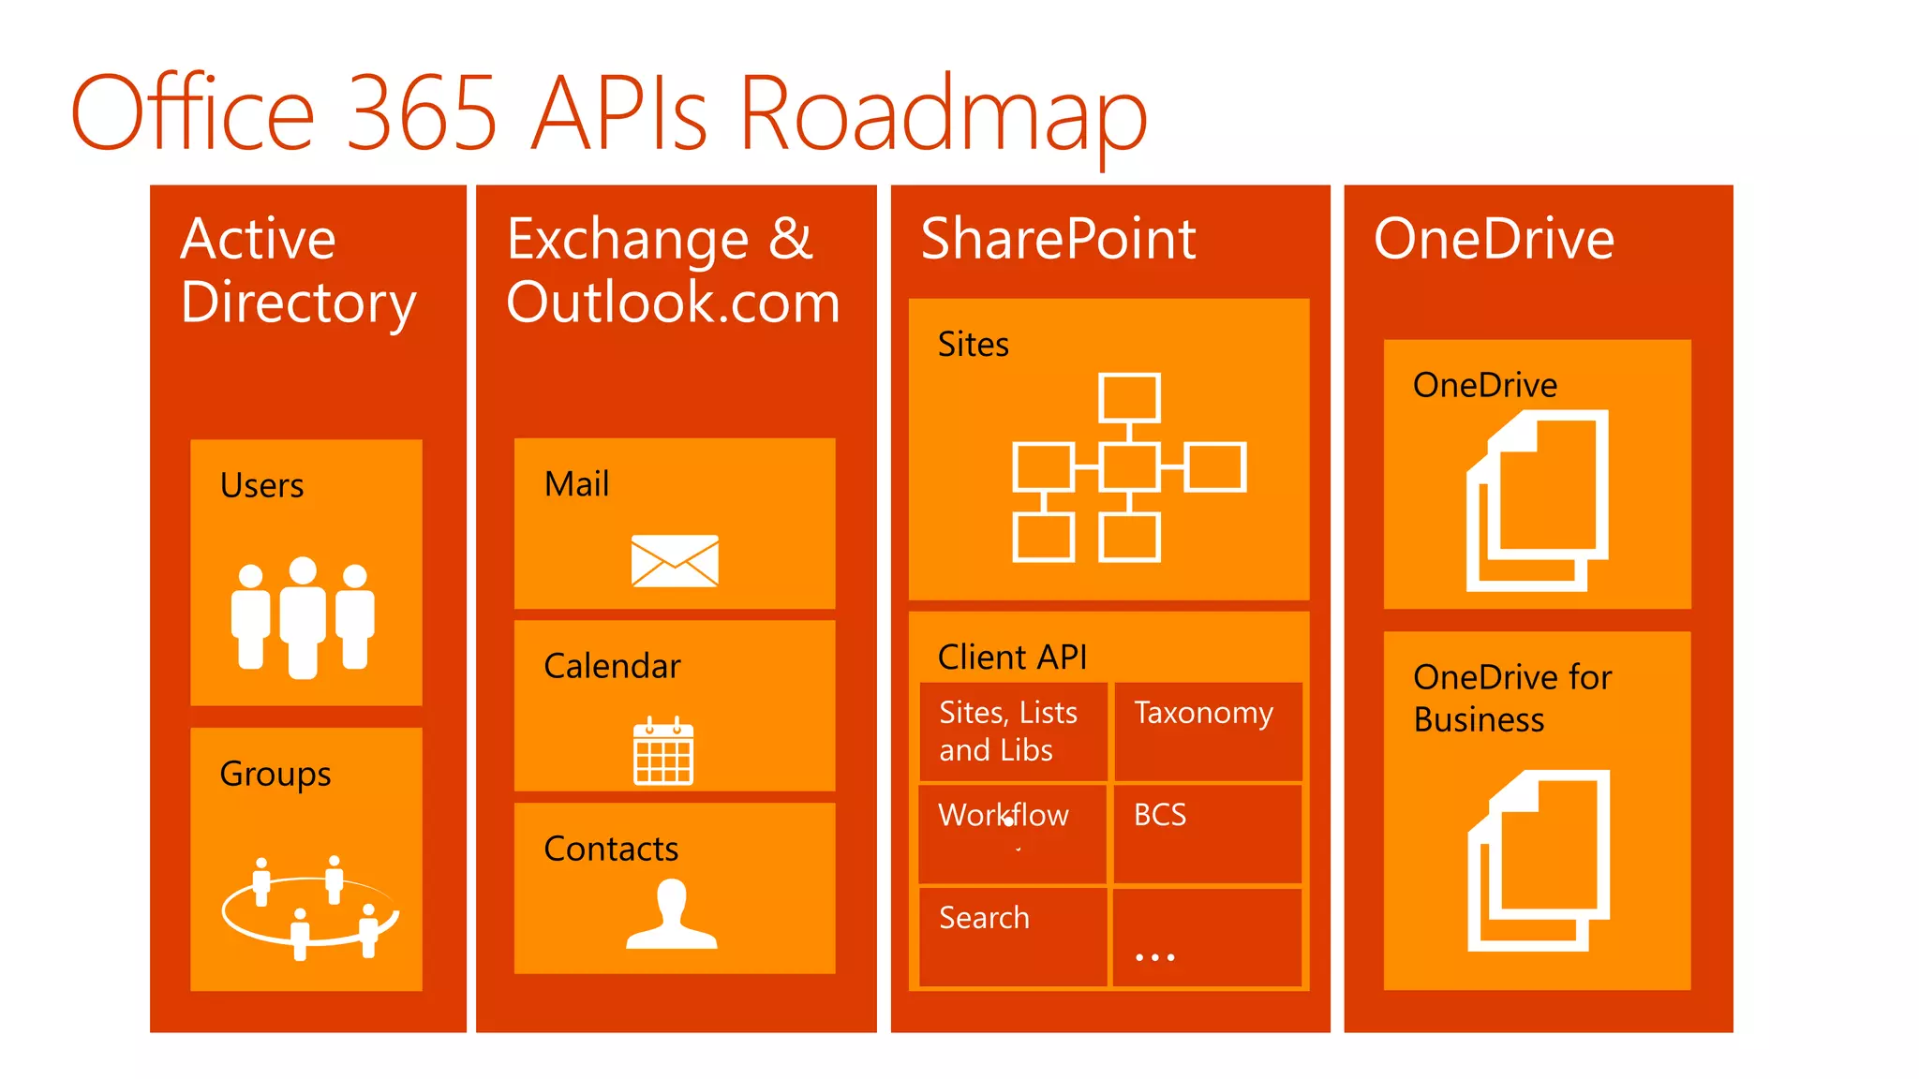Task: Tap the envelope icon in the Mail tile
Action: [x=675, y=561]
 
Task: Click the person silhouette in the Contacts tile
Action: [x=672, y=915]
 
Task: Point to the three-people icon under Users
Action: [x=303, y=616]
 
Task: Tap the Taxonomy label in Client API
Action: [x=1203, y=714]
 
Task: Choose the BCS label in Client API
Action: [x=1160, y=815]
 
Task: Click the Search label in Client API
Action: [x=984, y=918]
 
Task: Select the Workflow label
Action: [x=1003, y=815]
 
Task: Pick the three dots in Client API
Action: [x=1154, y=957]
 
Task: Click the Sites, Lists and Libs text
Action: [x=1007, y=732]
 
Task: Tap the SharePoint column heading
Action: [x=1058, y=239]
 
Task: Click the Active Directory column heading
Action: [x=297, y=270]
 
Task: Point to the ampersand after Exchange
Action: [x=790, y=239]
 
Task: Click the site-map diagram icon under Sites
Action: [x=1129, y=467]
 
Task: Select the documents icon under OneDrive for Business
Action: [x=1539, y=861]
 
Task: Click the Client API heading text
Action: [x=1012, y=658]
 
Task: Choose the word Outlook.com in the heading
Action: [x=673, y=303]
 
